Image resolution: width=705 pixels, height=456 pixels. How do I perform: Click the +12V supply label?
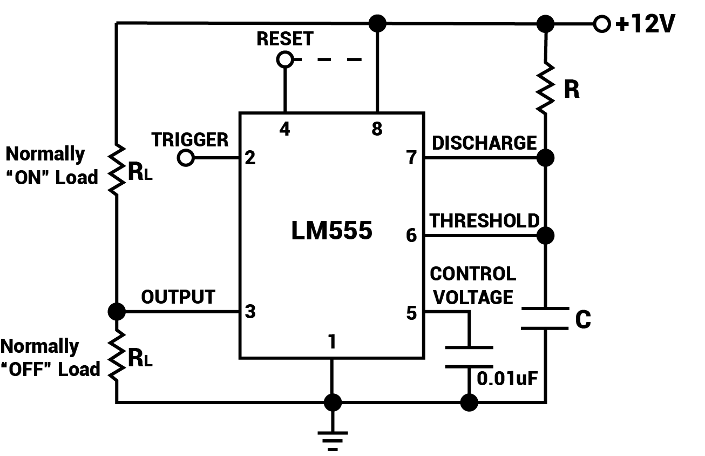pos(645,24)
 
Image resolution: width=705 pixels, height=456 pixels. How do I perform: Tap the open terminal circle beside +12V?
pos(601,24)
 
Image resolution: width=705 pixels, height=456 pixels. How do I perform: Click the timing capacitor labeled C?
pos(545,318)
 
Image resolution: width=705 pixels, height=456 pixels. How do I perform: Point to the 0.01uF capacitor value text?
pos(507,378)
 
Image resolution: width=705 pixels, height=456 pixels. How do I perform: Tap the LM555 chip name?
pos(331,231)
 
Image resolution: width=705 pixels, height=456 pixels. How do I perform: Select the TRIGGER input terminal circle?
pos(186,158)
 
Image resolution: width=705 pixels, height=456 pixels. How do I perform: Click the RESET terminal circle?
pos(284,59)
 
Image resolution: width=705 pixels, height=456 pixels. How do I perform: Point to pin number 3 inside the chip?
pos(250,312)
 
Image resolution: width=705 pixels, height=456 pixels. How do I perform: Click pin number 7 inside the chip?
pos(412,158)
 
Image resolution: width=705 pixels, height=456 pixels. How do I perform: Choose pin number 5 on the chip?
pos(412,312)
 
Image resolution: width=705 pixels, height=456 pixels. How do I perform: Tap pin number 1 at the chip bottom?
pos(333,341)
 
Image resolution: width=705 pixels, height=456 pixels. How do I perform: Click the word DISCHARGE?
pos(484,143)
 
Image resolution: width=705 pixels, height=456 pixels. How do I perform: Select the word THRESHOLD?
pos(484,220)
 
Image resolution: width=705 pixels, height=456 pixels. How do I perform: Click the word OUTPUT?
pos(178,297)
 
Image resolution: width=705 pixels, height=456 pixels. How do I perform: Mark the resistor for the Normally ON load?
pos(116,169)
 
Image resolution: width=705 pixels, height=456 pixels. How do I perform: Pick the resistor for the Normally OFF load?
pos(116,357)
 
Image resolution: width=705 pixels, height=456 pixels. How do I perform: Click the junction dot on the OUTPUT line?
pos(116,311)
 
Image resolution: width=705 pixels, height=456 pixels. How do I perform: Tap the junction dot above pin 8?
pos(377,23)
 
